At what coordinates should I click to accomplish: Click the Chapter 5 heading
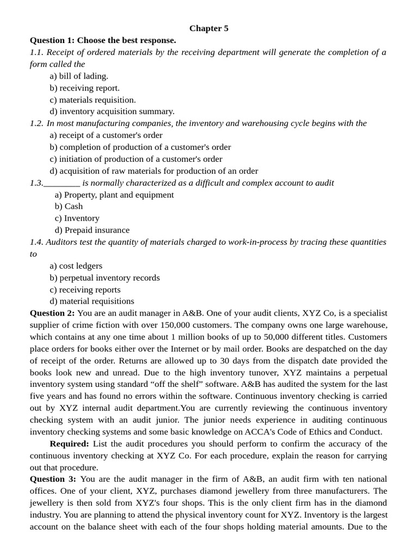click(208, 28)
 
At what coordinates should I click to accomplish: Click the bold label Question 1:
click(52, 40)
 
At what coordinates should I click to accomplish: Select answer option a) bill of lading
click(79, 76)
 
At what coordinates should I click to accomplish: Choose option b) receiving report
click(84, 88)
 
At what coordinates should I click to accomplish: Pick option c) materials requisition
click(93, 100)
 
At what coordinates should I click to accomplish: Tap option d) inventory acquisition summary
click(112, 111)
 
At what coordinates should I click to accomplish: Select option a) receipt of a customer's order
click(106, 135)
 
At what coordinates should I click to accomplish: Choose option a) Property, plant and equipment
click(114, 195)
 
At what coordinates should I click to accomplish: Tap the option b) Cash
click(69, 207)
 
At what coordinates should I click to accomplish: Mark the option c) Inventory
click(77, 219)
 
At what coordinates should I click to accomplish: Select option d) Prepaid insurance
click(92, 231)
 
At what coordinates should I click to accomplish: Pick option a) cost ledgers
click(76, 266)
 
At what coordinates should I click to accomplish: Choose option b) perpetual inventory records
click(104, 278)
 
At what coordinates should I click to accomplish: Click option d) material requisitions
click(91, 301)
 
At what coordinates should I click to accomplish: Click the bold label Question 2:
click(52, 313)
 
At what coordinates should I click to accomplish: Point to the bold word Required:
click(69, 444)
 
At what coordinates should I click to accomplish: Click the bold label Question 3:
click(52, 479)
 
